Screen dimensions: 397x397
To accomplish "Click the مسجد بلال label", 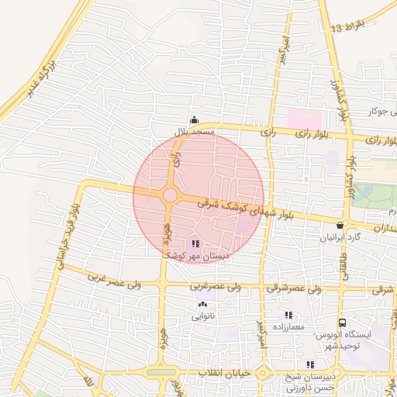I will point(192,133).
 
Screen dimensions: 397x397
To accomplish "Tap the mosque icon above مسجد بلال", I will point(193,120).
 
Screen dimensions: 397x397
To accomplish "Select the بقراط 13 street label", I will point(345,26).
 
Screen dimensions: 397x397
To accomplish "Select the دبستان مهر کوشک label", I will point(192,254).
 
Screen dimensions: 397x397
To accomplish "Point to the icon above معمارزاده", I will point(288,315).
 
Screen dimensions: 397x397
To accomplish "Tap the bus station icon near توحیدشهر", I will point(341,323).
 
